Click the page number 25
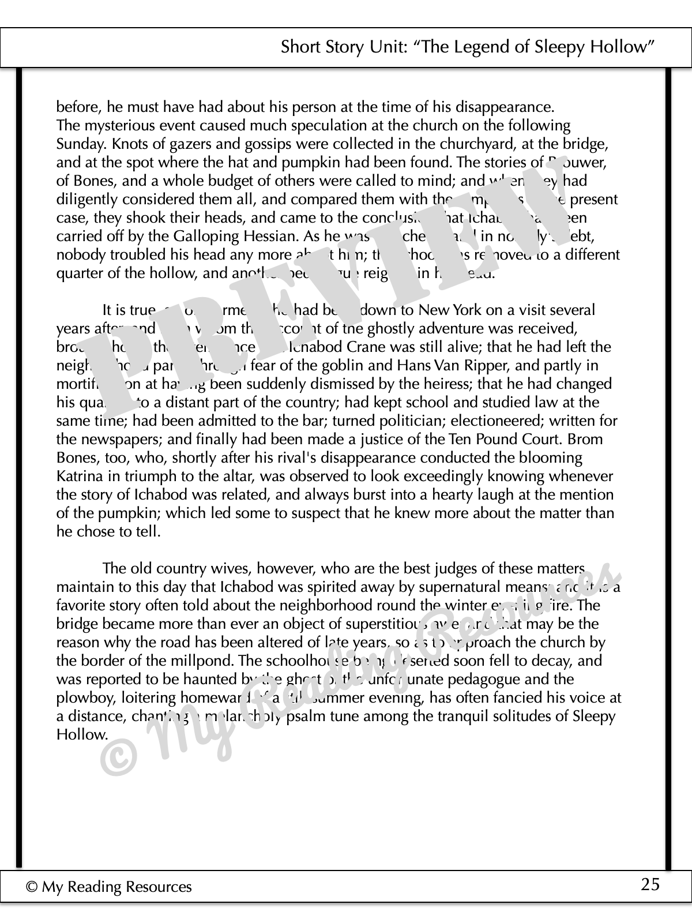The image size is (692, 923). coord(650,884)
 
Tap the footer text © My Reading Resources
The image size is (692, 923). coord(108,887)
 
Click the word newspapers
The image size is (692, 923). coord(118,440)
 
